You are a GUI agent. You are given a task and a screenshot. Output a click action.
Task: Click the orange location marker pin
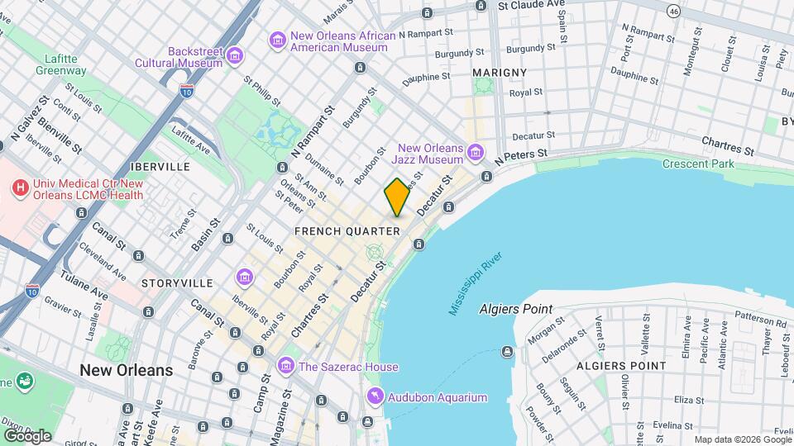[x=397, y=197]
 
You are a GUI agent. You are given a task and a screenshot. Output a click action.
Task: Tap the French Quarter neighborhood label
[x=347, y=231]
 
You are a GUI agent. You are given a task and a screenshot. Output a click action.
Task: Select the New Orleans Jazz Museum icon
[x=475, y=153]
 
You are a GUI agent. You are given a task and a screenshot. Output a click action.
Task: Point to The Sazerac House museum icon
[x=286, y=365]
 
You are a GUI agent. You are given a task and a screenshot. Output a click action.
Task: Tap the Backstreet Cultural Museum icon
[x=236, y=56]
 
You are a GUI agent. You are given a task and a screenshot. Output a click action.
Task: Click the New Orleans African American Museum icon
[x=277, y=40]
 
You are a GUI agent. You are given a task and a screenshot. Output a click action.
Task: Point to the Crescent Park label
[x=698, y=164]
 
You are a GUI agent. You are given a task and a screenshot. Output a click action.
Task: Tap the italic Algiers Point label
[x=515, y=309]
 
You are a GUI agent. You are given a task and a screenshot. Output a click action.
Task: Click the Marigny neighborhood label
[x=500, y=73]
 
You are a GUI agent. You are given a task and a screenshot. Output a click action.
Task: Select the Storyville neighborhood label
[x=177, y=282]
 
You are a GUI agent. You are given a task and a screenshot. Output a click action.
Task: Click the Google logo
[x=26, y=435]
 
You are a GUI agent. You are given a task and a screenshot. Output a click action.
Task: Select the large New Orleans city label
[x=127, y=370]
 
